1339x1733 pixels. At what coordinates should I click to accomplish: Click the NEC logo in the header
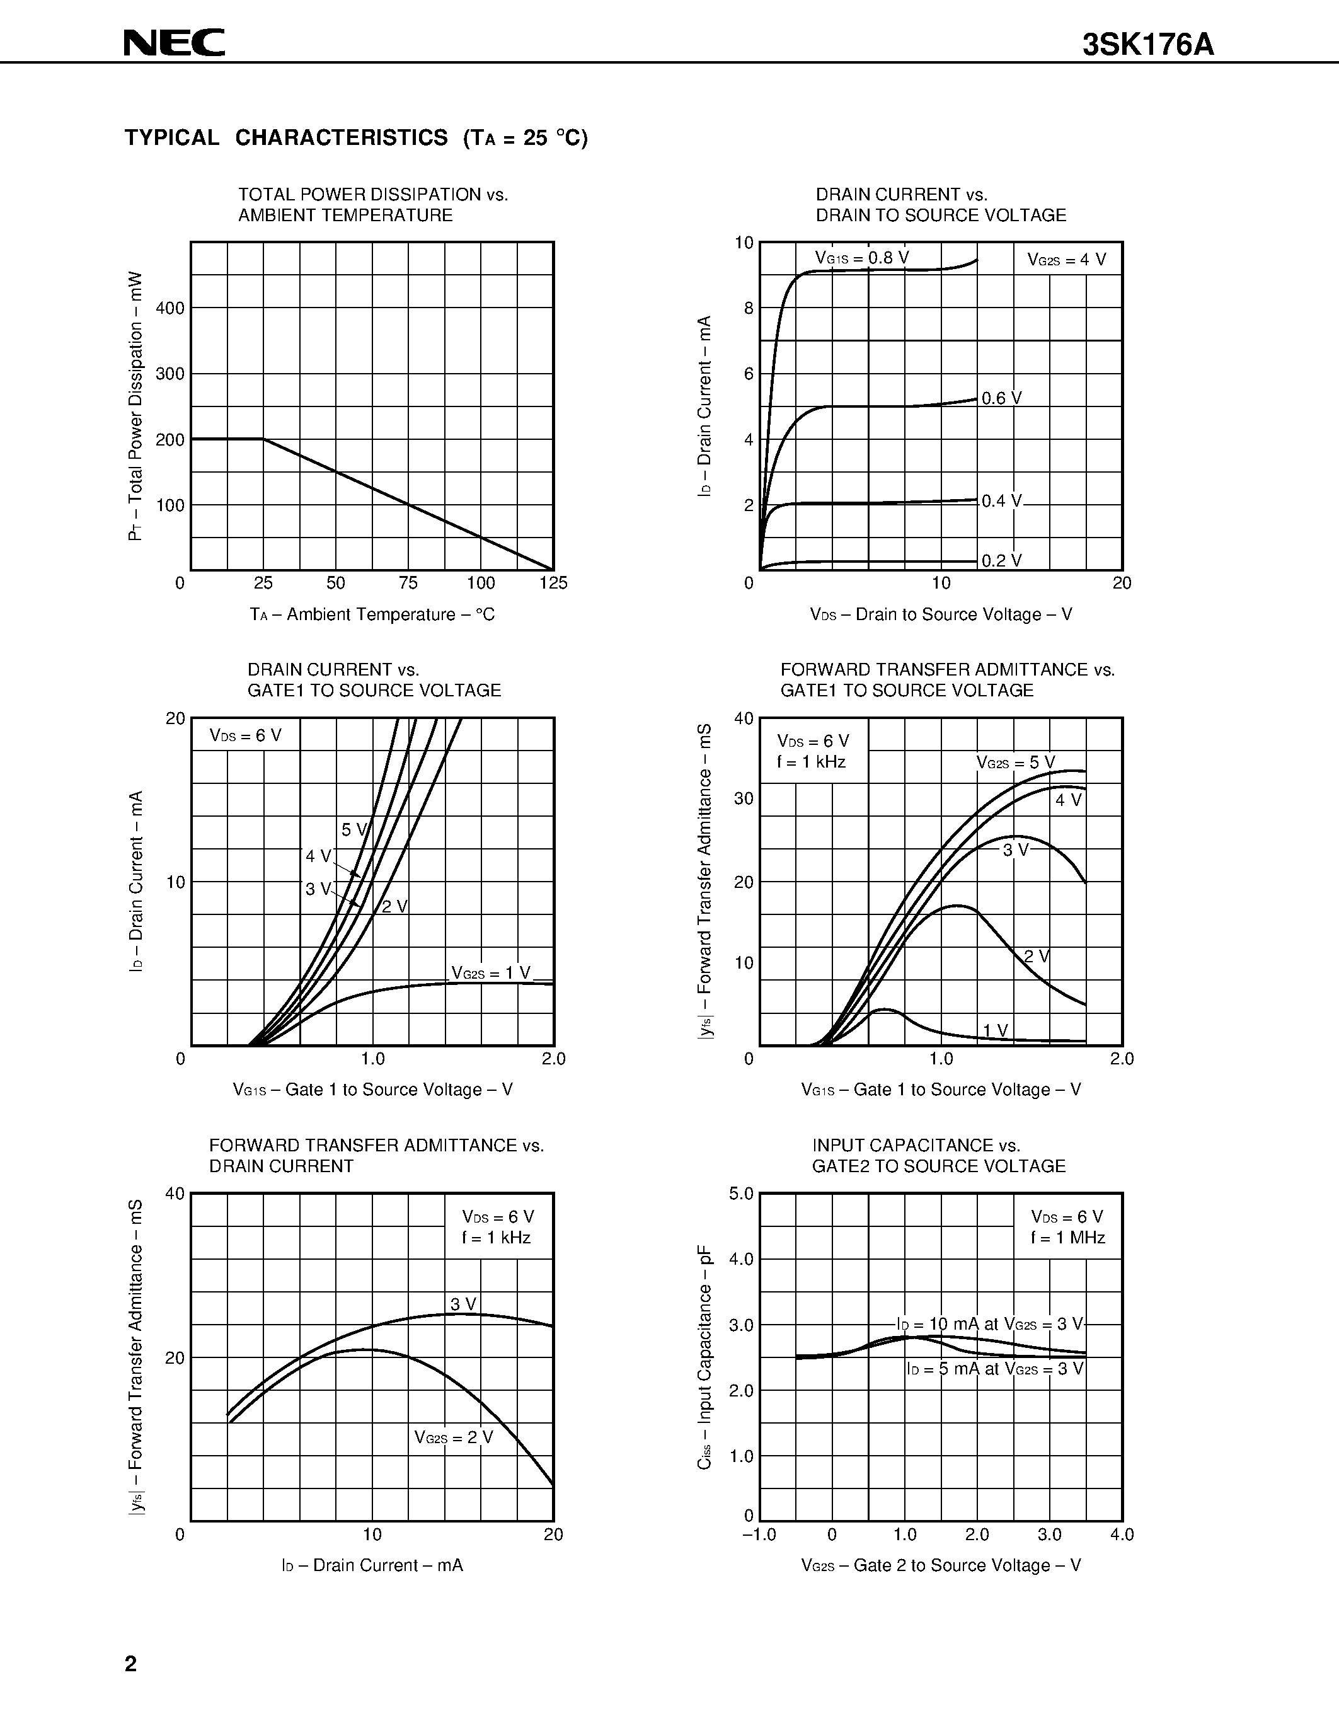click(175, 43)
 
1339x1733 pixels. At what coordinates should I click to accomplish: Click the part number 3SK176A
click(1148, 46)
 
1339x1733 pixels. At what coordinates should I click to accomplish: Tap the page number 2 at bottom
click(131, 1663)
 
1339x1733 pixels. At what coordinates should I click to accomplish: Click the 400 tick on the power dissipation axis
click(170, 308)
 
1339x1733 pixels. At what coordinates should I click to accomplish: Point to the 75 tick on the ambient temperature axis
click(408, 583)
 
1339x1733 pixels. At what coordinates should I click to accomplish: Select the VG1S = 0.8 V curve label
click(861, 258)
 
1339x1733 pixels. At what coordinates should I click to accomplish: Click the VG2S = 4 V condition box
click(1066, 260)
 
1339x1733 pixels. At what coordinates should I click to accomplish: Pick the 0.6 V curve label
click(1001, 398)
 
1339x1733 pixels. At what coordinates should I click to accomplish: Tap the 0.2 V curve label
click(1001, 561)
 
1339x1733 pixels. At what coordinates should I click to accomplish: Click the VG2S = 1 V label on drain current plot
click(490, 973)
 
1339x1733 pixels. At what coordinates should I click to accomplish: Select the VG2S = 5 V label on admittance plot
click(1015, 763)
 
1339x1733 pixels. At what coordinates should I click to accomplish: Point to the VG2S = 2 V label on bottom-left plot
click(453, 1437)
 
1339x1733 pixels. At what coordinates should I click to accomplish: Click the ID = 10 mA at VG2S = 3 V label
click(989, 1323)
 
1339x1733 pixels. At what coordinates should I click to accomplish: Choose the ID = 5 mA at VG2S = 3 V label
click(995, 1368)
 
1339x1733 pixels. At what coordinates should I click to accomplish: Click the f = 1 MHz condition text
click(1067, 1238)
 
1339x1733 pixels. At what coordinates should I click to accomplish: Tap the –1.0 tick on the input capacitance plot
click(758, 1534)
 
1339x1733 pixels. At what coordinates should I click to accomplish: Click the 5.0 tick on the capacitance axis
click(741, 1194)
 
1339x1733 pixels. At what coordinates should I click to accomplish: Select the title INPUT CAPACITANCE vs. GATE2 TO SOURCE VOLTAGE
click(938, 1155)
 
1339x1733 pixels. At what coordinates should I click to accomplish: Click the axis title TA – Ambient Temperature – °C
click(372, 615)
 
